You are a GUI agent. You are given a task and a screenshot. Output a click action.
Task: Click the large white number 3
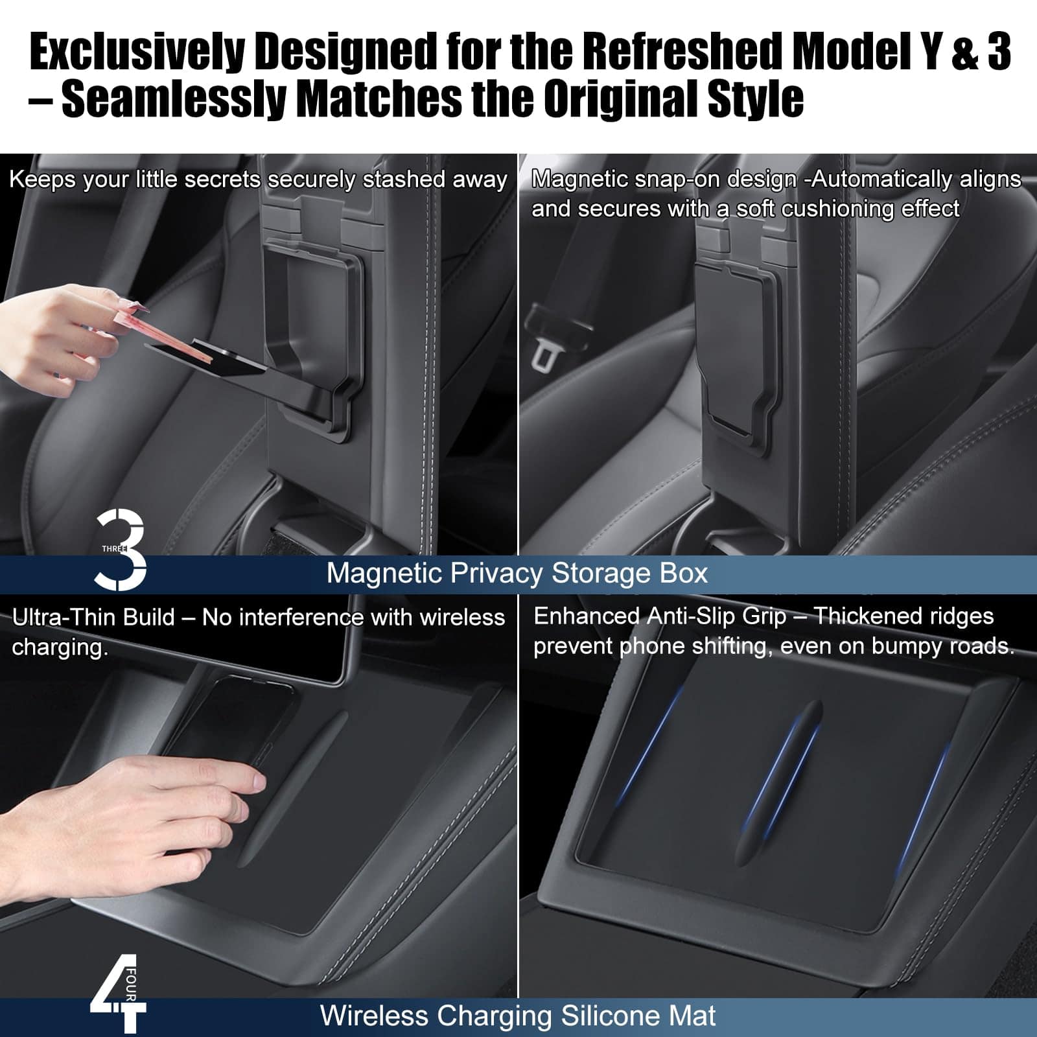pyautogui.click(x=121, y=550)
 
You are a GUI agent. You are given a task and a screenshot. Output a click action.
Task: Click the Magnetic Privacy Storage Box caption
pyautogui.click(x=517, y=574)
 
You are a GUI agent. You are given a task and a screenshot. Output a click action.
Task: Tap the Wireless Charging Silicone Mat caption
pyautogui.click(x=518, y=1016)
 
